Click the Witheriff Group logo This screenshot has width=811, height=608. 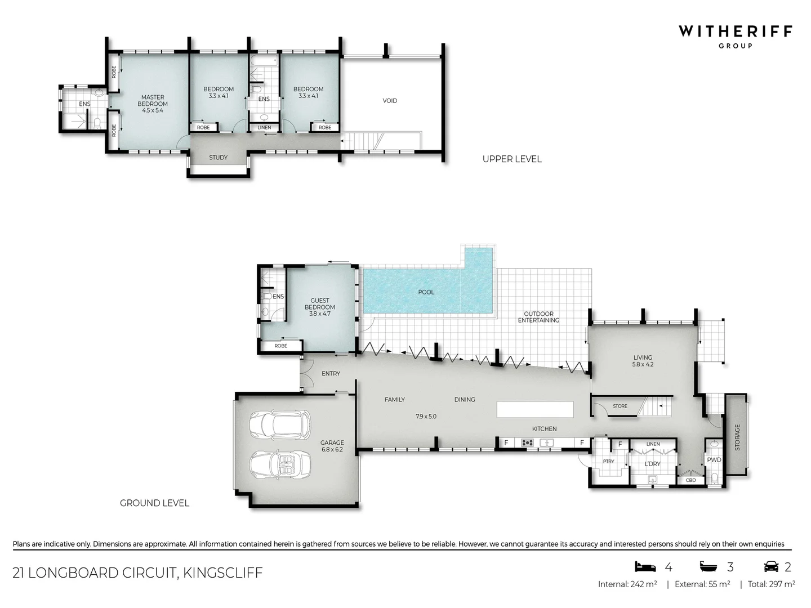click(x=735, y=35)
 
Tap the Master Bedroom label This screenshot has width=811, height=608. click(x=153, y=104)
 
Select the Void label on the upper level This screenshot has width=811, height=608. click(x=390, y=101)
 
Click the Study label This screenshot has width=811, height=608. click(x=218, y=158)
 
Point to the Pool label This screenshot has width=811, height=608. click(x=426, y=292)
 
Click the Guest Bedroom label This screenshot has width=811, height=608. click(x=319, y=307)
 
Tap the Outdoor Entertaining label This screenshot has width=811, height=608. click(x=538, y=317)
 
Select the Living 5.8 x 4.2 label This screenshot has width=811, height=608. click(x=643, y=361)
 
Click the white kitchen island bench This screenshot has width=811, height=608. click(x=535, y=409)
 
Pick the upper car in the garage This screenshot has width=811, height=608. click(x=280, y=426)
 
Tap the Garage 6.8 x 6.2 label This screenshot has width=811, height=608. click(x=332, y=446)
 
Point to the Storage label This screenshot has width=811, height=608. click(x=737, y=437)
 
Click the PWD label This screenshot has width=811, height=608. click(x=714, y=460)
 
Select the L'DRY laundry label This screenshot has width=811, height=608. click(x=652, y=464)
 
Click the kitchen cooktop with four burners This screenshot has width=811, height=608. click(x=527, y=443)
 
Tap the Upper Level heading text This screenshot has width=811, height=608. click(x=512, y=159)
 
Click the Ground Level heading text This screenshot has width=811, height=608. click(x=154, y=503)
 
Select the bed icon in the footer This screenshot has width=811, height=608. click(x=645, y=566)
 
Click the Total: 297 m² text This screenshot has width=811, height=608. click(x=771, y=584)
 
